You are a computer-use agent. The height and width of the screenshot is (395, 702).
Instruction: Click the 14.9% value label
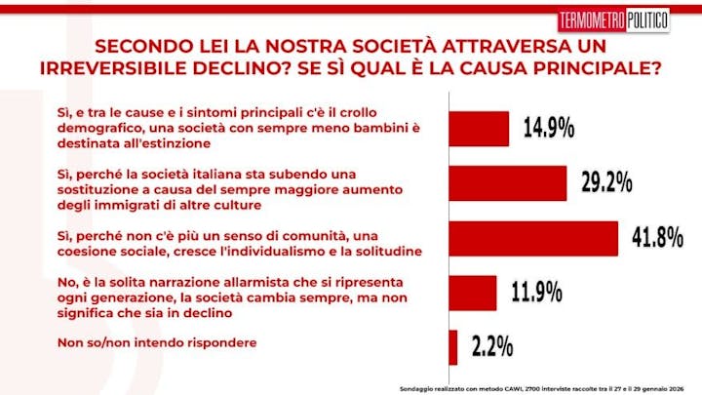pyautogui.click(x=547, y=128)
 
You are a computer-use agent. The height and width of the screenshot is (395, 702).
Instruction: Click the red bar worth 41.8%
pyautogui.click(x=532, y=238)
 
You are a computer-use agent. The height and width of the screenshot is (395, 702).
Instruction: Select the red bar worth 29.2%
pyautogui.click(x=507, y=182)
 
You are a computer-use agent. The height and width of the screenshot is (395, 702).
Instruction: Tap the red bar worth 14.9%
pyautogui.click(x=478, y=128)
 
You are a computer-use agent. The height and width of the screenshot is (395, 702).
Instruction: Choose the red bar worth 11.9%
pyautogui.click(x=472, y=292)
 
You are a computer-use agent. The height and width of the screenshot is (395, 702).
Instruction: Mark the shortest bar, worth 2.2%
pyautogui.click(x=452, y=346)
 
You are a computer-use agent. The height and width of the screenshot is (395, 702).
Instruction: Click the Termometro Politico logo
pyautogui.click(x=613, y=20)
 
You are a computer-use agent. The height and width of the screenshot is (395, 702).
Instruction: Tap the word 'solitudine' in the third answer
pyautogui.click(x=384, y=251)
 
